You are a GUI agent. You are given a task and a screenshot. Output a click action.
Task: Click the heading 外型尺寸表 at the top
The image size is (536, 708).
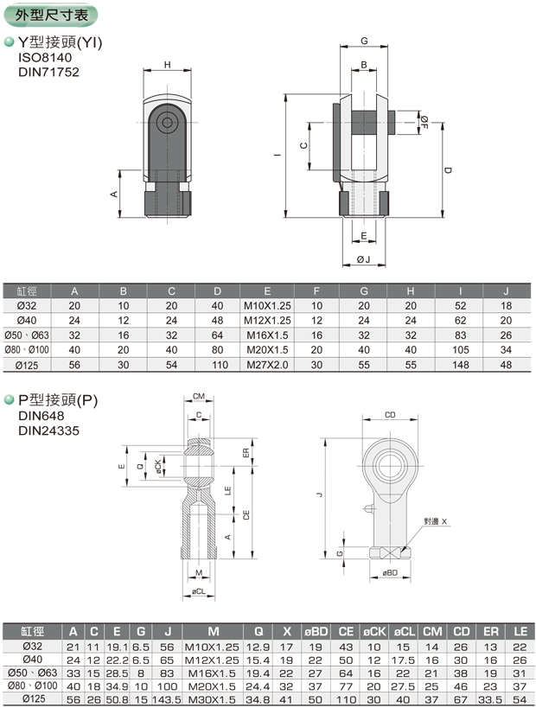coord(51,16)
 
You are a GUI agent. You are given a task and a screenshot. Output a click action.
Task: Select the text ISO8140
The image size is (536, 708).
coord(45,57)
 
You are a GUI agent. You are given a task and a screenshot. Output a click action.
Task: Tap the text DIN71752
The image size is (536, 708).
coord(48,72)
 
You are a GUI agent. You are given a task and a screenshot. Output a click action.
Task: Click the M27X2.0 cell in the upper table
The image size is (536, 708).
coord(267,365)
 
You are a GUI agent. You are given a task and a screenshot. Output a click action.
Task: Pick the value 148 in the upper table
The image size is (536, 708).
coord(460,365)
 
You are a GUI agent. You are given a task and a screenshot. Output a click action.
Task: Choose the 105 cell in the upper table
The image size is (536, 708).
coord(460,350)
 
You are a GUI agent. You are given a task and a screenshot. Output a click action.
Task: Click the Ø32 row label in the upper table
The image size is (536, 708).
coord(27,306)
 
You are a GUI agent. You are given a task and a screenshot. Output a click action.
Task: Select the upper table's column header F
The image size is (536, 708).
coord(316,291)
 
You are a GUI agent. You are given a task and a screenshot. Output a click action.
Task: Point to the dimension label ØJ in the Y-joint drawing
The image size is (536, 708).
coord(363,259)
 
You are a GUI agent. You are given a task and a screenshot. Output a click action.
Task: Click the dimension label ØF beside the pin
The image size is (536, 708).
coord(424,123)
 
